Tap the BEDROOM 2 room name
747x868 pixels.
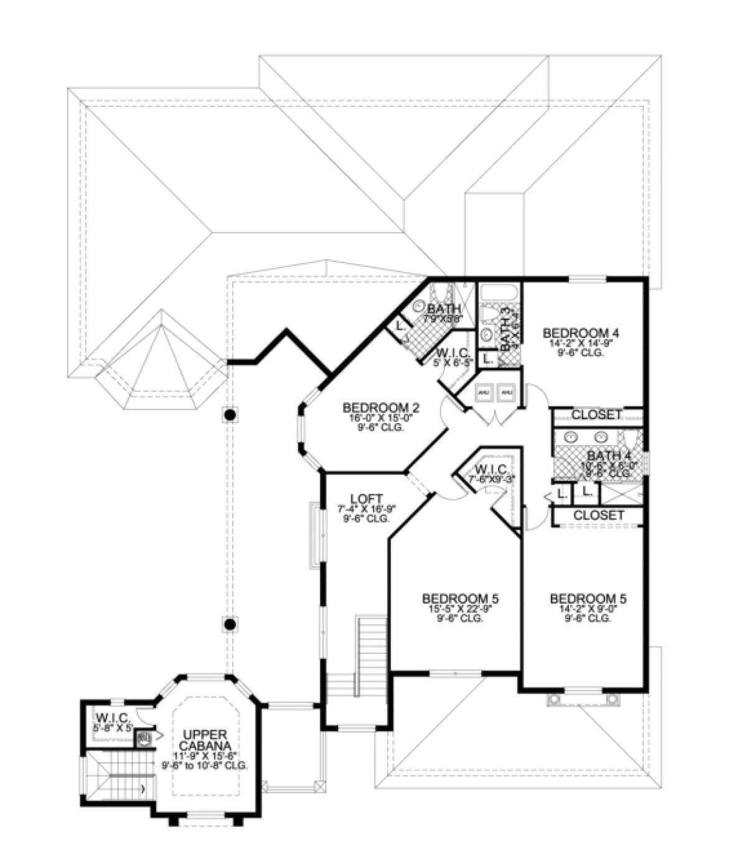tap(381, 408)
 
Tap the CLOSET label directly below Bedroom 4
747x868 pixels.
tap(596, 414)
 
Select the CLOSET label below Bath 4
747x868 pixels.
tap(598, 515)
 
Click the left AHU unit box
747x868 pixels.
tap(485, 392)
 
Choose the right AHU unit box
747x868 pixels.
tap(507, 392)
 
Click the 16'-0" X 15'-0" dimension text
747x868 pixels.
tap(381, 419)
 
